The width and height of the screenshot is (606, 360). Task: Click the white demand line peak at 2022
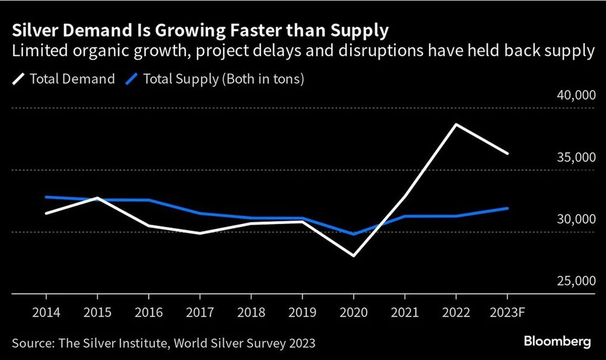pos(456,125)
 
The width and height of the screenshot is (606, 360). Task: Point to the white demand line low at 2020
pos(354,256)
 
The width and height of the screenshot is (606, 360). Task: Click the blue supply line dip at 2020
pos(354,234)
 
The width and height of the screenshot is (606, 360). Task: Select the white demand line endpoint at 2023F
pos(507,154)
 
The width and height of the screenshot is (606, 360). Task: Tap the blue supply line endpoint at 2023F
pos(507,208)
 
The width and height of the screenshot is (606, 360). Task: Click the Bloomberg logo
pos(557,342)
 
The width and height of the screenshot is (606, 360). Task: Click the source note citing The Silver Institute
pos(163,343)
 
